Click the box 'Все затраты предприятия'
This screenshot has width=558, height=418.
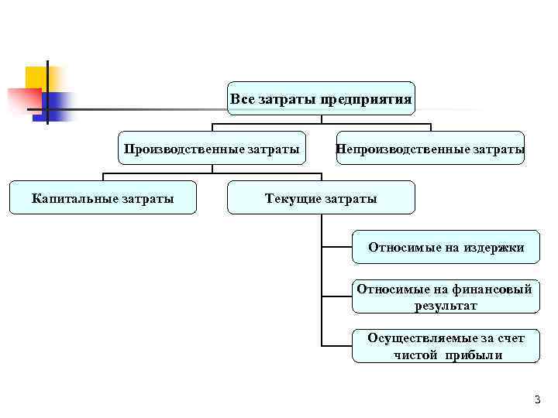click(322, 99)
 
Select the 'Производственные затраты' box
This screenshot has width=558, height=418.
click(211, 148)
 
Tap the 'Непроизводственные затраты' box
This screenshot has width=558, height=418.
click(430, 148)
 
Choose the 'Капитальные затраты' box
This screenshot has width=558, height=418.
click(102, 198)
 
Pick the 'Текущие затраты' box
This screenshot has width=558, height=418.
click(321, 198)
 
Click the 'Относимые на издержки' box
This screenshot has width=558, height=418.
click(446, 248)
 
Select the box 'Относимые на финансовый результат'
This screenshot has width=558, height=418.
click(446, 297)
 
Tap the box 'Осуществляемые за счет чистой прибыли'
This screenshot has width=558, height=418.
click(446, 346)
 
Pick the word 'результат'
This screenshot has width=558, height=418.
click(446, 306)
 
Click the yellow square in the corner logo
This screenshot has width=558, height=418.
click(36, 77)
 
